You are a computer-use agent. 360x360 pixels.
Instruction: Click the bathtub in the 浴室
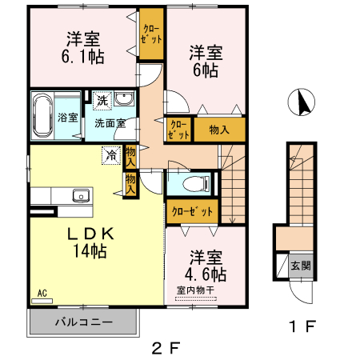pos(42,115)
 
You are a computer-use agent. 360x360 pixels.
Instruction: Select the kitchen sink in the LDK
pos(81,195)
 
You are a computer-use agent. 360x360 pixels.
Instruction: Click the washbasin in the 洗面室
pos(125,100)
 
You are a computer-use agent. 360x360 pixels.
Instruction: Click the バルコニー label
pos(83,322)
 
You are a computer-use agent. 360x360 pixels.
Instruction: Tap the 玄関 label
pos(299,266)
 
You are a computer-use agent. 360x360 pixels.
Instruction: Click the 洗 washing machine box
pos(102,100)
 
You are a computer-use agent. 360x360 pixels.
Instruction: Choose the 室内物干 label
pos(195,291)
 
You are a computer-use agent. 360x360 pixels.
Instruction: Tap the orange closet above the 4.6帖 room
pos(192,211)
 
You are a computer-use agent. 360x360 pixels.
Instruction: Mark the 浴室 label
pos(68,118)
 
